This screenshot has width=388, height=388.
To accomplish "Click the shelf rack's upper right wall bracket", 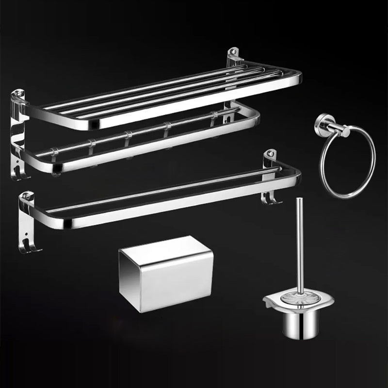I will [235, 56].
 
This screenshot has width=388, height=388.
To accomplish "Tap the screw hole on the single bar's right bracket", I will [270, 155].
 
